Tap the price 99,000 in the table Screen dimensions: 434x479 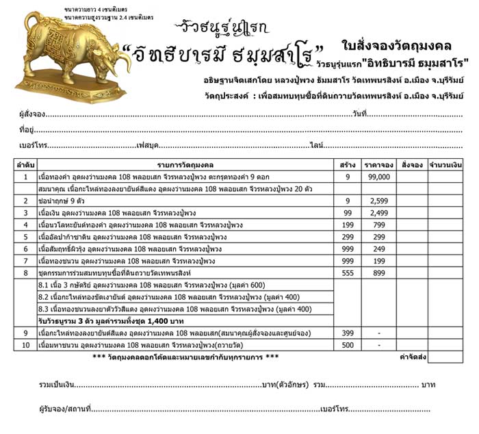[x=378, y=176]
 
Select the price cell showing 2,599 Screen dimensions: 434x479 [x=378, y=201]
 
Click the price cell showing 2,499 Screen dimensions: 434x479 [x=378, y=213]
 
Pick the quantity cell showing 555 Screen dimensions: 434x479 [x=348, y=273]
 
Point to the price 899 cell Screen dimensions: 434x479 [x=378, y=273]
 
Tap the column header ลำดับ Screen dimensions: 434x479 [x=25, y=164]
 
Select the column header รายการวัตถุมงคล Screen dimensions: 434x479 [x=185, y=164]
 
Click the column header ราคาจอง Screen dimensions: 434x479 [x=378, y=164]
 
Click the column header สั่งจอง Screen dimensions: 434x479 [x=412, y=164]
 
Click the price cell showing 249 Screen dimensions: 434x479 [x=378, y=249]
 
